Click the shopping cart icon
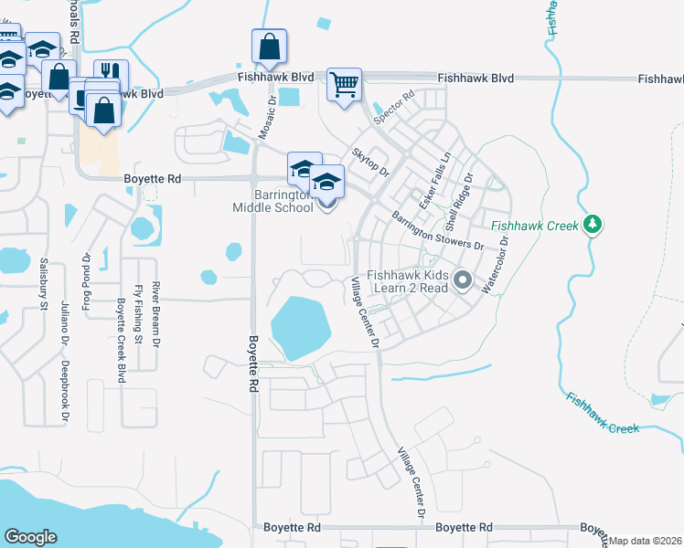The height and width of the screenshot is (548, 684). pos(345,85)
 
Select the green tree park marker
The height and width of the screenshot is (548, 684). pos(593,223)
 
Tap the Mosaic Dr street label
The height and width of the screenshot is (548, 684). pos(266,120)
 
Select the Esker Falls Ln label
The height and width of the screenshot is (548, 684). pos(435,178)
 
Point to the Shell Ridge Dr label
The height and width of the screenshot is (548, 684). pos(459,201)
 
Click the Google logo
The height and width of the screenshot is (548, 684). pos(30,536)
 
